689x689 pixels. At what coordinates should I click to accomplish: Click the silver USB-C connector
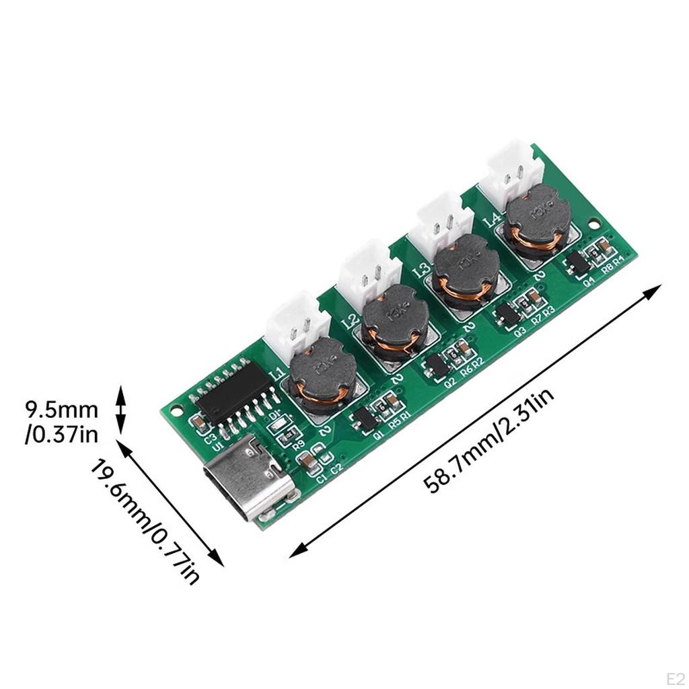pyautogui.click(x=249, y=476)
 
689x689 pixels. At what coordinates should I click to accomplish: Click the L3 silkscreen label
pyautogui.click(x=422, y=270)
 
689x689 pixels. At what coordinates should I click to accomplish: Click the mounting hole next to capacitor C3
pyautogui.click(x=176, y=408)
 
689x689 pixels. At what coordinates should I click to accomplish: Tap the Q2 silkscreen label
pyautogui.click(x=450, y=381)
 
